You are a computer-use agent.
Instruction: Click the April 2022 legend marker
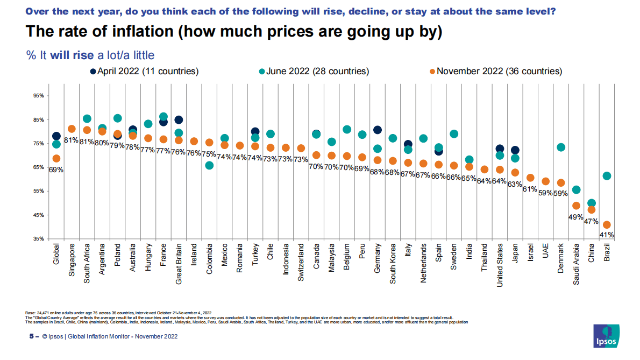click(x=93, y=71)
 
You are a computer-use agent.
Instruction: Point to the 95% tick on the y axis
click(x=38, y=96)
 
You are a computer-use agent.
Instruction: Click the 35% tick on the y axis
click(x=38, y=239)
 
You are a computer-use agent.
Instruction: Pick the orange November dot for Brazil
click(x=607, y=225)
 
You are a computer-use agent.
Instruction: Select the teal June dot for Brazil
click(x=607, y=176)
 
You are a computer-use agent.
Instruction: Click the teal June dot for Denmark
click(x=560, y=147)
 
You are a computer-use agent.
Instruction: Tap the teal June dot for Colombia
click(x=209, y=165)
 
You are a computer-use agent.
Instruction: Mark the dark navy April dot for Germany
click(x=378, y=130)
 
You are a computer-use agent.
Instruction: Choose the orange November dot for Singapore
click(x=72, y=129)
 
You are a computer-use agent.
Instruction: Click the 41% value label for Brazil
click(x=607, y=235)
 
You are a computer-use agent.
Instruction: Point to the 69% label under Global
click(x=56, y=170)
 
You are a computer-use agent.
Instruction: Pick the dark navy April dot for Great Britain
click(x=179, y=120)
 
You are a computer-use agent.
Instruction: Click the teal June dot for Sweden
click(x=454, y=134)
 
